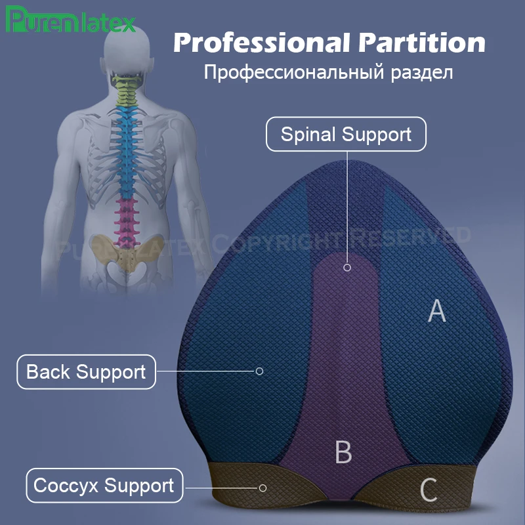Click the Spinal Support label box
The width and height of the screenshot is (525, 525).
[346, 135]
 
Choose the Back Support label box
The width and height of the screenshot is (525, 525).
[86, 372]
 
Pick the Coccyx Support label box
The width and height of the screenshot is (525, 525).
[104, 486]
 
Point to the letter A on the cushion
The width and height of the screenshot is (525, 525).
[436, 311]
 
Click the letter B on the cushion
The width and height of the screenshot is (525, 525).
[343, 452]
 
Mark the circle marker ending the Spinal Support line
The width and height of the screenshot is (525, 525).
[347, 267]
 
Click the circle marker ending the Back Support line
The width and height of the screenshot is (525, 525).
[259, 371]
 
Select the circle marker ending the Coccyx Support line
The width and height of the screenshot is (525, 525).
[262, 488]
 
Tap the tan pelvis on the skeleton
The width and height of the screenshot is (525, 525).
[124, 253]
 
